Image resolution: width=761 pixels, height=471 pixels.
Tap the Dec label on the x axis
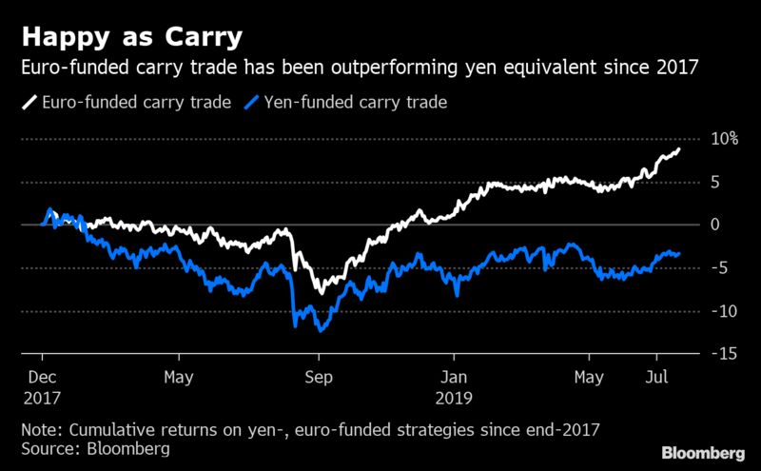click(x=42, y=376)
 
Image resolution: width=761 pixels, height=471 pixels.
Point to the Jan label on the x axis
click(x=455, y=376)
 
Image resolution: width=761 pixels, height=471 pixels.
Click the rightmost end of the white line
click(x=679, y=149)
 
